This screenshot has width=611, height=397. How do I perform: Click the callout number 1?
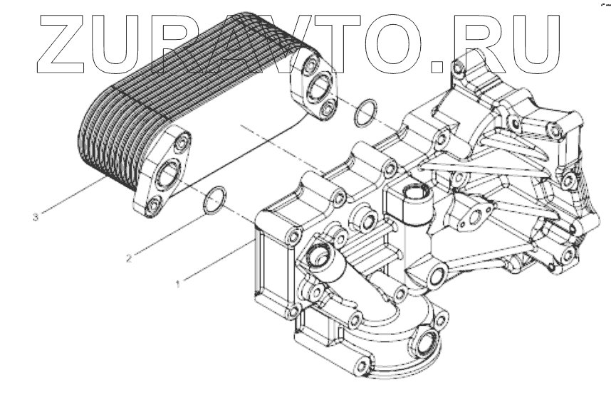[x=178, y=282]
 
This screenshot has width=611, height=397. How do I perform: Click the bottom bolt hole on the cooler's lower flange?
[x=154, y=208]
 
